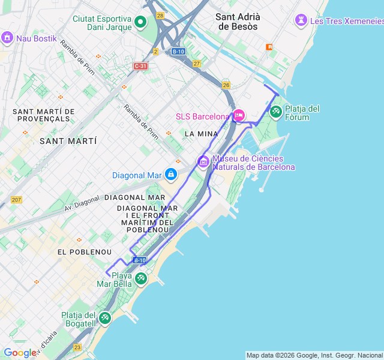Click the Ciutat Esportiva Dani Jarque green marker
click(x=140, y=23)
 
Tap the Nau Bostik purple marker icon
click(x=7, y=38)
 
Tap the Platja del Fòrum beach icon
click(x=275, y=111)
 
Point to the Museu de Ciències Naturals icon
click(x=203, y=161)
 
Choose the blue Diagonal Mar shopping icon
click(x=171, y=175)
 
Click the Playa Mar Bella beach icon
click(x=140, y=278)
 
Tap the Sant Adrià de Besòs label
click(x=237, y=22)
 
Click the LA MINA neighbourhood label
click(x=202, y=133)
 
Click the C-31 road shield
click(x=140, y=66)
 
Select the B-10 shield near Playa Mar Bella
click(x=139, y=260)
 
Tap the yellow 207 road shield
click(x=16, y=200)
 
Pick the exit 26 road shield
click(x=226, y=85)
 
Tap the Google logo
click(x=19, y=353)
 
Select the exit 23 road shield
click(x=77, y=347)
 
